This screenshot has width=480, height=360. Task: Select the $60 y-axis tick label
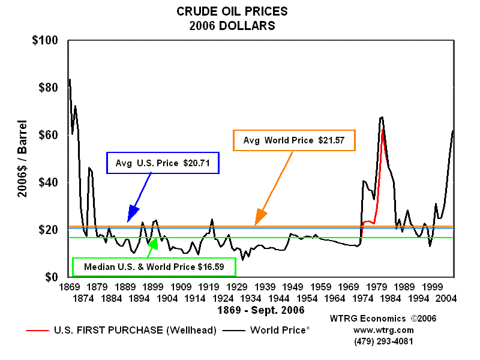tap(46, 136)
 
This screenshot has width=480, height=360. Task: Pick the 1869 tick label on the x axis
tap(69, 287)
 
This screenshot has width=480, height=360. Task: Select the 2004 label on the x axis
tap(446, 298)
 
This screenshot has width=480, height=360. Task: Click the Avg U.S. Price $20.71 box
tap(163, 163)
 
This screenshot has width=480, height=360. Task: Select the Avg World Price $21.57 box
tap(294, 140)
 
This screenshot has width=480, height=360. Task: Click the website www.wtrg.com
tap(383, 330)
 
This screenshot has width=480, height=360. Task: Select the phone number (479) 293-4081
tap(383, 341)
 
